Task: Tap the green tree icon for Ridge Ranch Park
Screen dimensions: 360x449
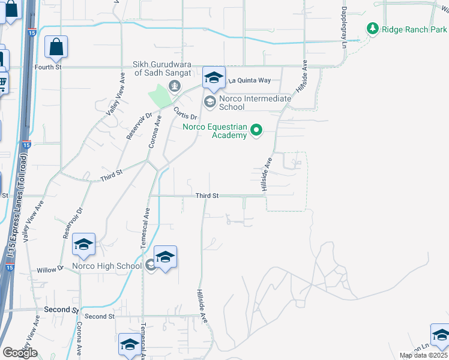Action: [x=373, y=28]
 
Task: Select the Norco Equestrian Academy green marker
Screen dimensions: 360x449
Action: [x=257, y=129]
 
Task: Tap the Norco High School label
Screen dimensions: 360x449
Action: [x=107, y=266]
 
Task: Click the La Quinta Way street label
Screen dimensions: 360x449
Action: [x=249, y=80]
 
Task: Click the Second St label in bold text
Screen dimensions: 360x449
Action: [x=61, y=310]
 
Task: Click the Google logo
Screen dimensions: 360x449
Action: [x=20, y=353]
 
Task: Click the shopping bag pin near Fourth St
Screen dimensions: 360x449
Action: [x=56, y=47]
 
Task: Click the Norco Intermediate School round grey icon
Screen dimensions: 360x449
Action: [x=209, y=102]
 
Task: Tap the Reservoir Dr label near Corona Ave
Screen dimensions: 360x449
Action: [x=133, y=125]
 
